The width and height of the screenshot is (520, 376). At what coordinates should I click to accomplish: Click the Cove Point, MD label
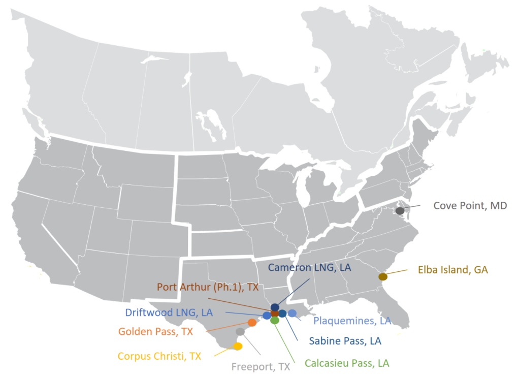coord(470,206)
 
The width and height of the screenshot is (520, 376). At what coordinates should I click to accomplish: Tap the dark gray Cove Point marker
coord(400,210)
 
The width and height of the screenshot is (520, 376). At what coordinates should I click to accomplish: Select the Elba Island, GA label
coord(453,270)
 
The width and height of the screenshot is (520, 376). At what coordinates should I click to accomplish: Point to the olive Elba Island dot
coord(383,276)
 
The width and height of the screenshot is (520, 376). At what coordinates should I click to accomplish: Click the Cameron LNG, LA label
coord(309,267)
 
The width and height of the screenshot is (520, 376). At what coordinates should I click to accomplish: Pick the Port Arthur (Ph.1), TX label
coord(208,287)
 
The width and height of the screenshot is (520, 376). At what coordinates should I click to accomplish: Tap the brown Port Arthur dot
coord(275,314)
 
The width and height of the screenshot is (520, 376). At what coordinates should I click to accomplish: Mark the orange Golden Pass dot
coord(252,322)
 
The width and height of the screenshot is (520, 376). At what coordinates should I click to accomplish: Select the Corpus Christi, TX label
coord(159,356)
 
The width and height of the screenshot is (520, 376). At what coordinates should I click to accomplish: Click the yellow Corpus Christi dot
coord(237,347)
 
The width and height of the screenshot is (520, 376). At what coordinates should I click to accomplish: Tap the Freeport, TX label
coord(261,366)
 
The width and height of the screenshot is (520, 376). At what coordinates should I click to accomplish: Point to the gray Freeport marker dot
coord(240,331)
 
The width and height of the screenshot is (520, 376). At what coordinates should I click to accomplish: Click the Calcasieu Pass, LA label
coord(347,363)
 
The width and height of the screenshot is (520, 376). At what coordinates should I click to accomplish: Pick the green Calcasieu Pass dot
coord(275,321)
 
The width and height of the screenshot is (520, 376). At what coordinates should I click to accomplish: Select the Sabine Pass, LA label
coord(345,341)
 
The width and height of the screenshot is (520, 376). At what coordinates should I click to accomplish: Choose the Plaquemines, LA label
coord(352,321)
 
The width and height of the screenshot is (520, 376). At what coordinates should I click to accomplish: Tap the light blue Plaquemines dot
coord(292,313)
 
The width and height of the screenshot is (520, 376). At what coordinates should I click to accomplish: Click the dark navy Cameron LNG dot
coord(275,307)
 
